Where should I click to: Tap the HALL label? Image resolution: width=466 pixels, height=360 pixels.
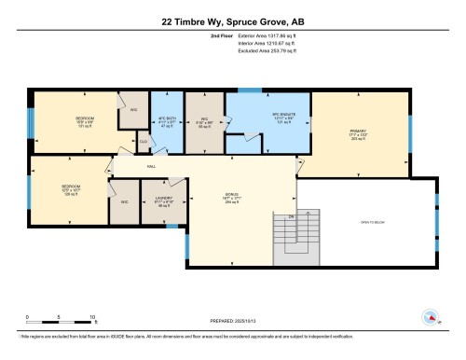(x=151, y=168)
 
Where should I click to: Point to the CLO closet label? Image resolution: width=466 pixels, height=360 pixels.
(x=144, y=142)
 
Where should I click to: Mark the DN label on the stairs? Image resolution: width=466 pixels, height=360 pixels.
(x=290, y=216)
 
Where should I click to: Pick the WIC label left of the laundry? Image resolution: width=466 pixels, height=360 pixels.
(x=124, y=201)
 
